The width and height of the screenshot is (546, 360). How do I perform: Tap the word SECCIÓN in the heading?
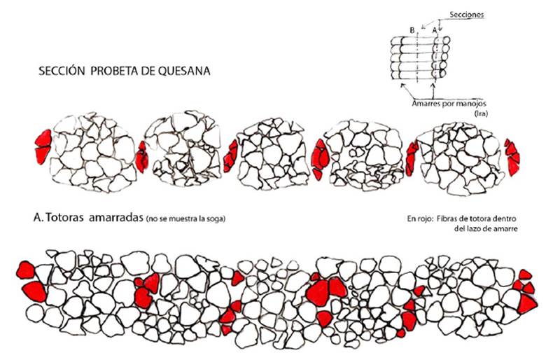click(63, 72)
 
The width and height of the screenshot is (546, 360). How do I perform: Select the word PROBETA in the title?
click(115, 72)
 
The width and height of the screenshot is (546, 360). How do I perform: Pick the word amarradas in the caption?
click(115, 218)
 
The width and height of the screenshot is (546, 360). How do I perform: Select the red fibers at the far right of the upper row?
click(512, 156)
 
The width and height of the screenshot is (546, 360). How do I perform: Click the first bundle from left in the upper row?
click(89, 152)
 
